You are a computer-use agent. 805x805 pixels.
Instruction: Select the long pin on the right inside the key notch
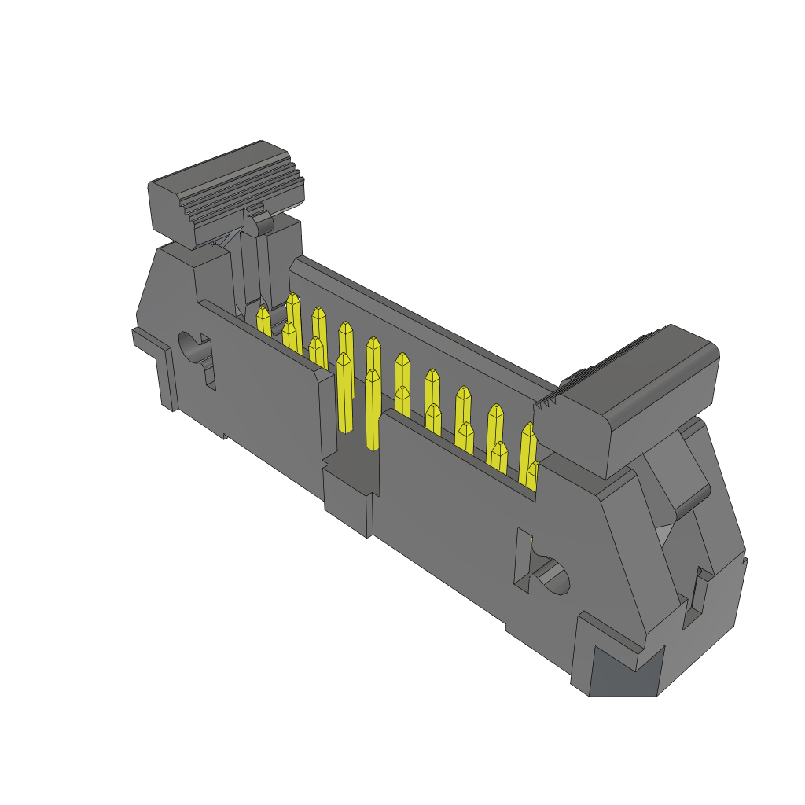[372, 409]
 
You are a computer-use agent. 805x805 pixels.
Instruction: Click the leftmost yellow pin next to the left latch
[263, 322]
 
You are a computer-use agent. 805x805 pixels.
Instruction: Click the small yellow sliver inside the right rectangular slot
[531, 544]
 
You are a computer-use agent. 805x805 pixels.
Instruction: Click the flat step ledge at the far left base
[149, 340]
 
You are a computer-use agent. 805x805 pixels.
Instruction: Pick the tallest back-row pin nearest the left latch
[294, 311]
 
